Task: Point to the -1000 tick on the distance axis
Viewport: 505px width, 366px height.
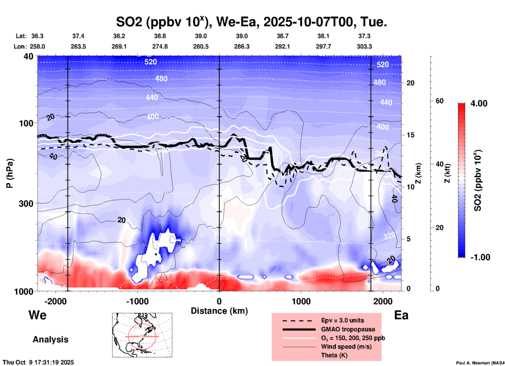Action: [x=137, y=301]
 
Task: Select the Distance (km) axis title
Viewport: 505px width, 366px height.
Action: [x=219, y=311]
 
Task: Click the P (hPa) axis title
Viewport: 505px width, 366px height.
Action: [x=10, y=173]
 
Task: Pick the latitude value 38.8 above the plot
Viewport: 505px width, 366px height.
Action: [x=160, y=36]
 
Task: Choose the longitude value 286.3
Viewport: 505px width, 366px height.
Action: [x=241, y=46]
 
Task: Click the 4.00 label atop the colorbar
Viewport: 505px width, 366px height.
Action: [x=479, y=103]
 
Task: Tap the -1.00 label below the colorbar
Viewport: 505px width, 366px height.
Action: [x=480, y=257]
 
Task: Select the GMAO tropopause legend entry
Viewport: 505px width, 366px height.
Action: [x=348, y=329]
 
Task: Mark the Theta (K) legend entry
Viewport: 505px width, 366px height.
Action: [x=334, y=355]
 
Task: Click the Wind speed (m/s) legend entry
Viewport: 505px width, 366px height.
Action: [x=346, y=347]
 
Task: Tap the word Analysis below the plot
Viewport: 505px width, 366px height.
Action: [x=50, y=339]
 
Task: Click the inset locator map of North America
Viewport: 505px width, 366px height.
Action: [x=142, y=335]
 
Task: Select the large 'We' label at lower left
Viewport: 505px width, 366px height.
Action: [x=37, y=315]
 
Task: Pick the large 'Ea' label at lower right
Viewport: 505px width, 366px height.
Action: [x=401, y=315]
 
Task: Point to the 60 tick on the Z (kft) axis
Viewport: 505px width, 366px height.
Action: [x=439, y=101]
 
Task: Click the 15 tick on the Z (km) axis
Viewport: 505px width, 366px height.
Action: [x=410, y=135]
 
